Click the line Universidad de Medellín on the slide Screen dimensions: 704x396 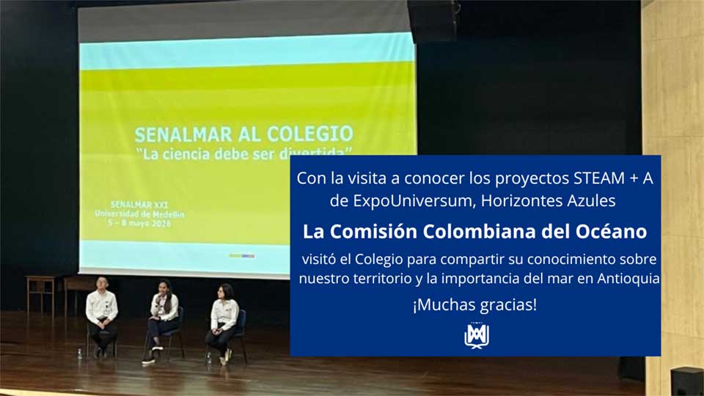pos(139,214)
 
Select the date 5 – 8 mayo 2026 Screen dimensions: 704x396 pos(139,223)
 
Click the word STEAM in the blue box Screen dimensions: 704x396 pos(599,178)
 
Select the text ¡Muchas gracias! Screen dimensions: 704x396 pos(474,305)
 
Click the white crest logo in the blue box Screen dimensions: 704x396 pos(477,336)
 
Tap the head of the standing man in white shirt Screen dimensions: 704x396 pos(103,283)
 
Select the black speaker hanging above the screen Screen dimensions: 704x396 pos(434,21)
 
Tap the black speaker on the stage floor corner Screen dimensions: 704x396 pos(687,381)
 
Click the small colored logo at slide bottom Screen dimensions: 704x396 pos(241,256)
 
